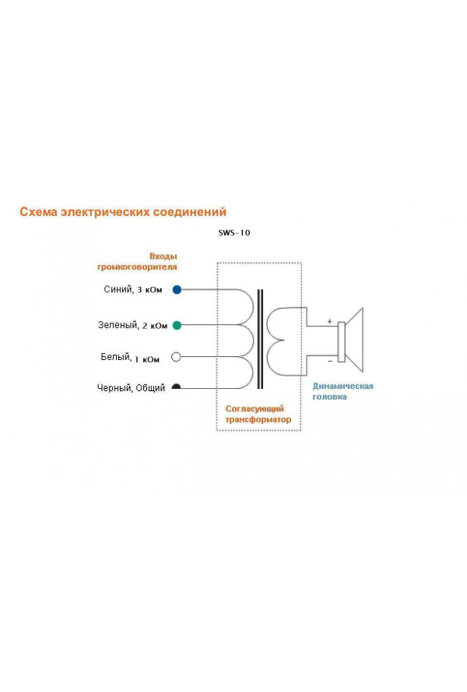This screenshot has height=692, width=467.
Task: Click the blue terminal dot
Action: (x=177, y=290)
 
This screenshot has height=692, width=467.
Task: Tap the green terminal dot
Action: (x=177, y=326)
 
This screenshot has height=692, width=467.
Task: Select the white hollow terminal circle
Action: (x=176, y=357)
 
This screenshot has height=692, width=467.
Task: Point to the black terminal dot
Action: (x=176, y=387)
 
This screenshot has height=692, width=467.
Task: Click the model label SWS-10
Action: (x=234, y=232)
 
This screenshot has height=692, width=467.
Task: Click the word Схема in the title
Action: (x=39, y=212)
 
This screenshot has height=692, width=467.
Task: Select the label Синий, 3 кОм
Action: (x=133, y=290)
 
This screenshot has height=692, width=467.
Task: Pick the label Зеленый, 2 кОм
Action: (x=132, y=325)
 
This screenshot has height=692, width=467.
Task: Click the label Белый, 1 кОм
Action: (x=130, y=358)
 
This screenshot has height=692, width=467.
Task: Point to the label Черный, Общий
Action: (x=131, y=388)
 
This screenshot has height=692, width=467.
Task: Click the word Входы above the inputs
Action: (x=163, y=256)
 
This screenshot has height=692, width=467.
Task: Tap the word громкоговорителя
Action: (x=137, y=267)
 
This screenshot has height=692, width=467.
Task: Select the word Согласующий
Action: (x=255, y=408)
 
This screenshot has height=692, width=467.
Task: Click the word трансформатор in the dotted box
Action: (x=258, y=419)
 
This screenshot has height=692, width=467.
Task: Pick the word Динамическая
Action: (x=342, y=387)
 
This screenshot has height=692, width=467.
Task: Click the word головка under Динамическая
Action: (x=329, y=397)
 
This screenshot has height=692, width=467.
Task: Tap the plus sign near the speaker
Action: (x=329, y=321)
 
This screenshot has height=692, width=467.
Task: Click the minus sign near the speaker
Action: (x=330, y=362)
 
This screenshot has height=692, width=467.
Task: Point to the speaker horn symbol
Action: (x=352, y=341)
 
